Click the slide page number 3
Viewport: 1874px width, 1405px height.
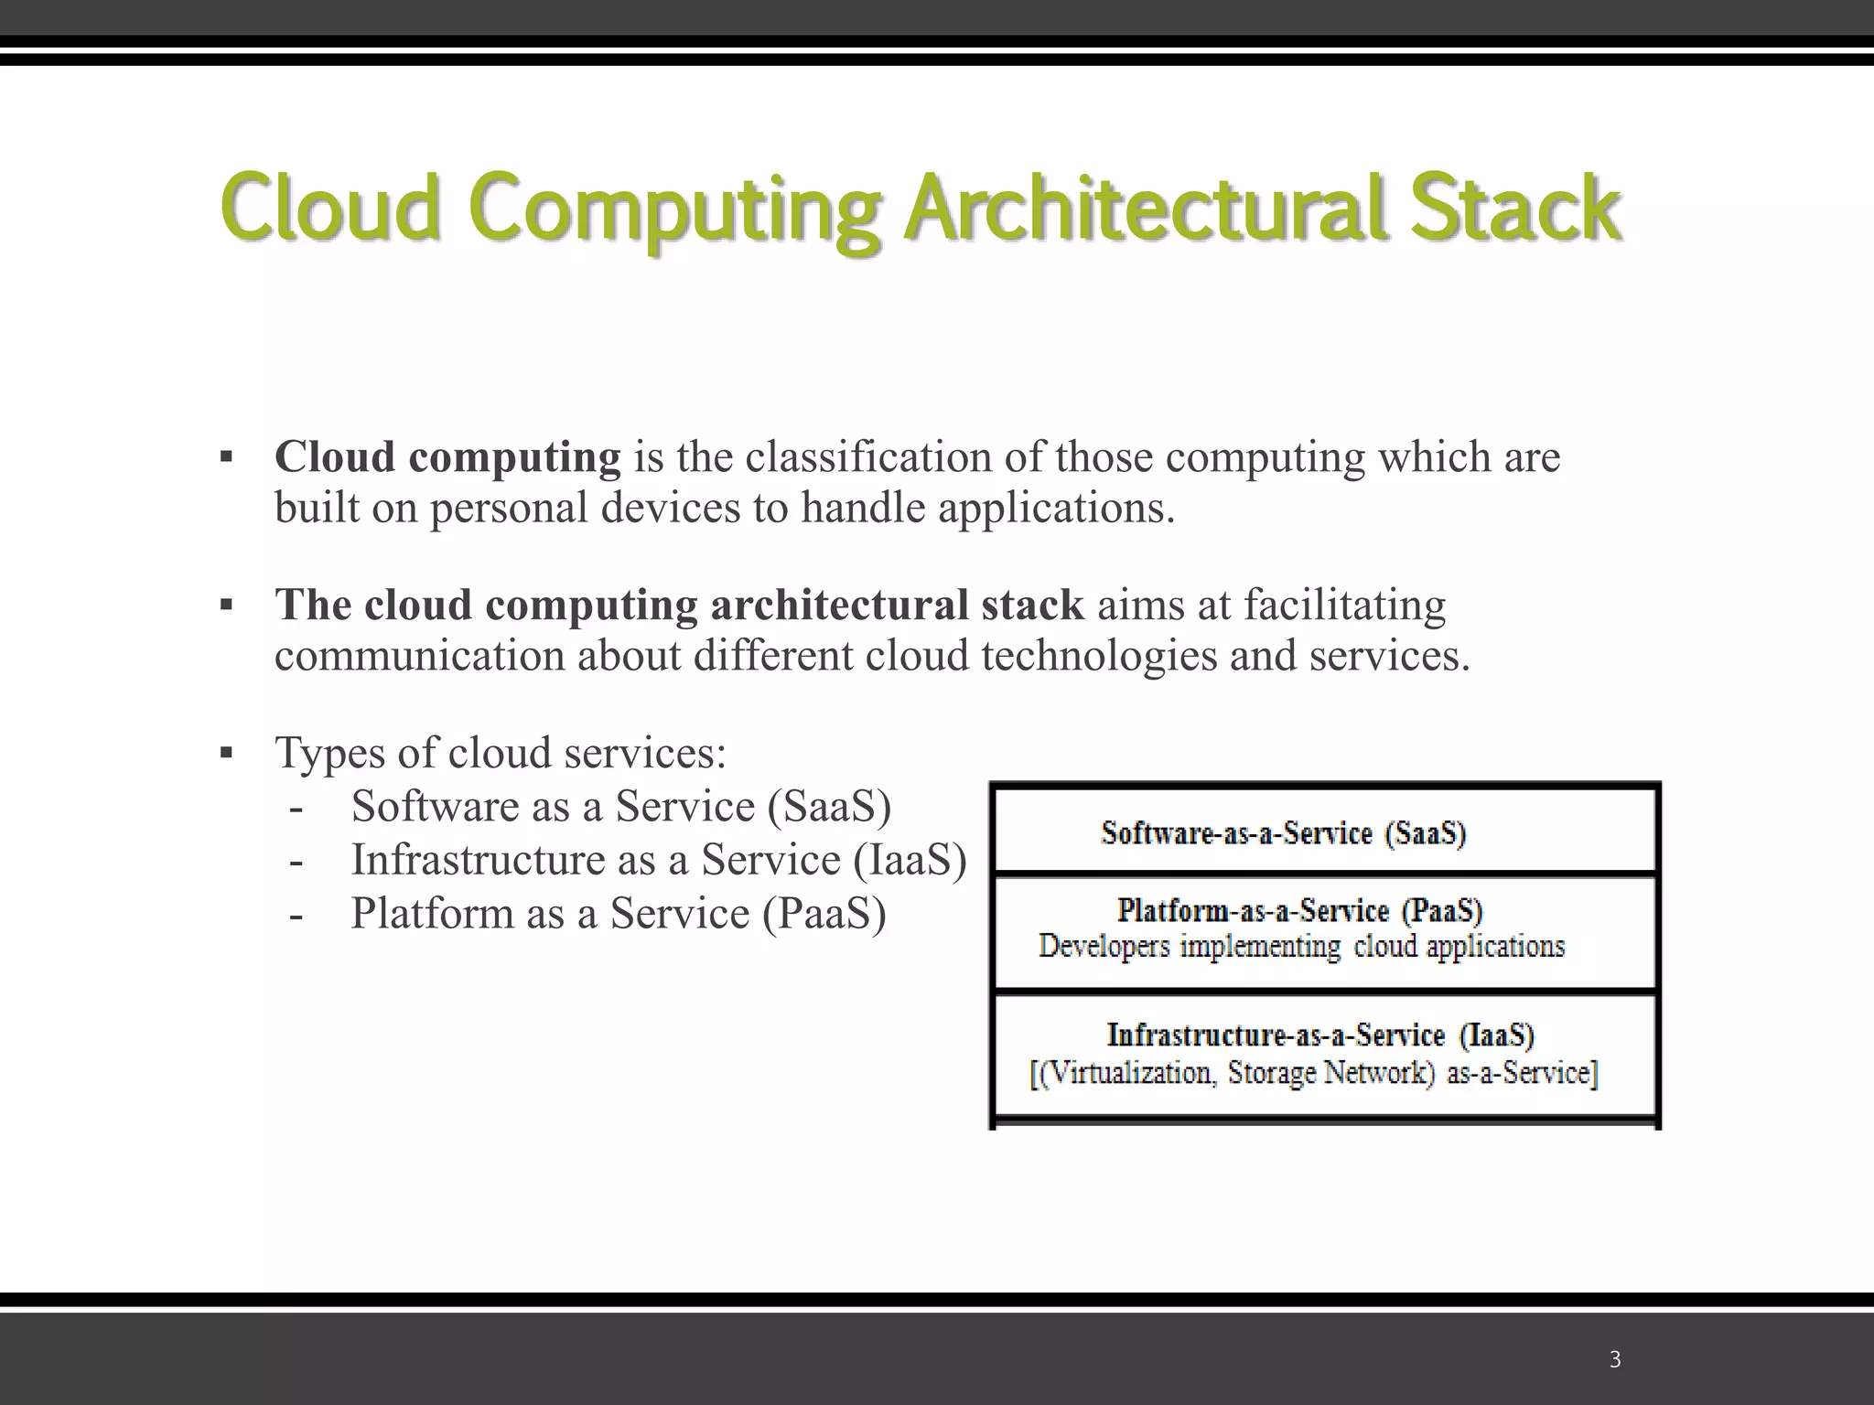(x=1615, y=1360)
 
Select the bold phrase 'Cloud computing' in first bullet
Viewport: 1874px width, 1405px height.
(x=447, y=457)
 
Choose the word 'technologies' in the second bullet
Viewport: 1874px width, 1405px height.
(x=1099, y=656)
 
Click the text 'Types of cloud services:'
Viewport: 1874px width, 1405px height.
(x=501, y=754)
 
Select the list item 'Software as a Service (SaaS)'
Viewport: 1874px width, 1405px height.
(x=620, y=807)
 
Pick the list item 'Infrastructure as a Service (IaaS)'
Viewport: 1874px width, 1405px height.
(x=659, y=860)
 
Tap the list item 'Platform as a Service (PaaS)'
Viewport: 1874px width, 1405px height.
(x=619, y=913)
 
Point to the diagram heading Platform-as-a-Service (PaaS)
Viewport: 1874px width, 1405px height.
(x=1299, y=911)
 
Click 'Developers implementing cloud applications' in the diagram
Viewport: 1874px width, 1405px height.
(x=1301, y=946)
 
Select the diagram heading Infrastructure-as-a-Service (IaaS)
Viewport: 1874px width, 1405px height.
(x=1319, y=1035)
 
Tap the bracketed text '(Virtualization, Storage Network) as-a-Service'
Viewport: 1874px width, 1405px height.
(x=1314, y=1073)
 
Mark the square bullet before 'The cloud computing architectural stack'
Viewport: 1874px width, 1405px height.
(x=226, y=606)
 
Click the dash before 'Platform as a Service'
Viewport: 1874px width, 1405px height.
(x=296, y=914)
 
